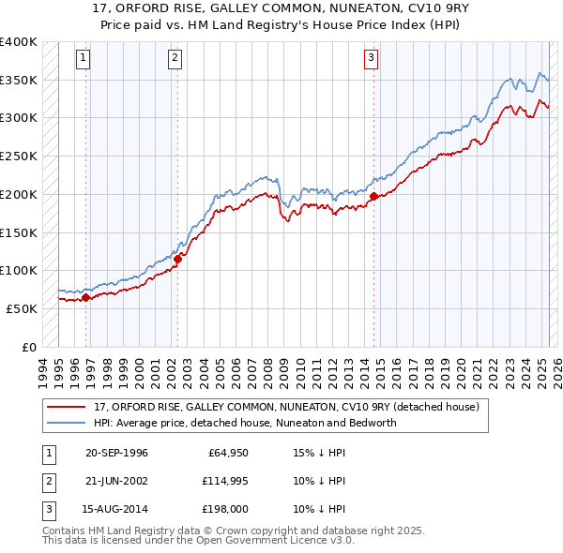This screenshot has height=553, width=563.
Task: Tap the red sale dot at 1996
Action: tap(85, 298)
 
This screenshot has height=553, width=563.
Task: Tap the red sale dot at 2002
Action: tap(177, 259)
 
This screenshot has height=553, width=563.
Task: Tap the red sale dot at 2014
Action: tap(373, 196)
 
